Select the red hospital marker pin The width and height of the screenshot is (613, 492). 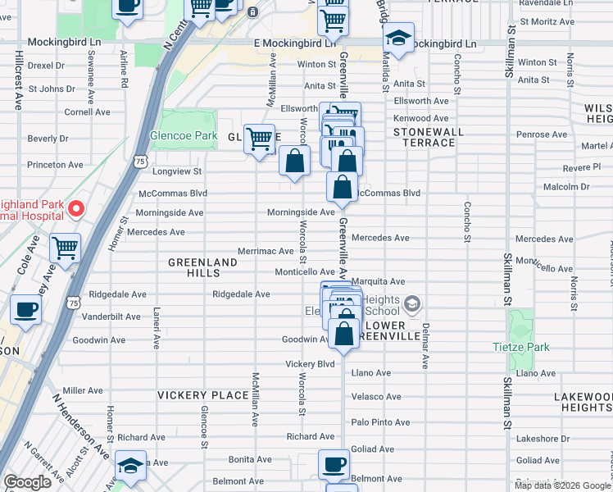[x=75, y=208]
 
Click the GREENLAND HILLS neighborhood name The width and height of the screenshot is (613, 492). [x=202, y=268]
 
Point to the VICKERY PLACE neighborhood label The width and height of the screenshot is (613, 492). [x=202, y=395]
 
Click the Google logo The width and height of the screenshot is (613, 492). [x=27, y=482]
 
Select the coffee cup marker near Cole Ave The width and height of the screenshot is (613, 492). [x=25, y=311]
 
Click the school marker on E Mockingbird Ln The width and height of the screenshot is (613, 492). [x=398, y=39]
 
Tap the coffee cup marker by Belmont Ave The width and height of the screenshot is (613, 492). [x=334, y=465]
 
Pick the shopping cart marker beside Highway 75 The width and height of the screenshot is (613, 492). [x=65, y=247]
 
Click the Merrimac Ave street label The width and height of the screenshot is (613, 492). [x=265, y=251]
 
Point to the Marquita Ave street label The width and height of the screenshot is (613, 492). [x=379, y=281]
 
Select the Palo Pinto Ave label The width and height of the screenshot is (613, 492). [x=377, y=421]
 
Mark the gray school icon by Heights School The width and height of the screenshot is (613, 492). [x=412, y=305]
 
